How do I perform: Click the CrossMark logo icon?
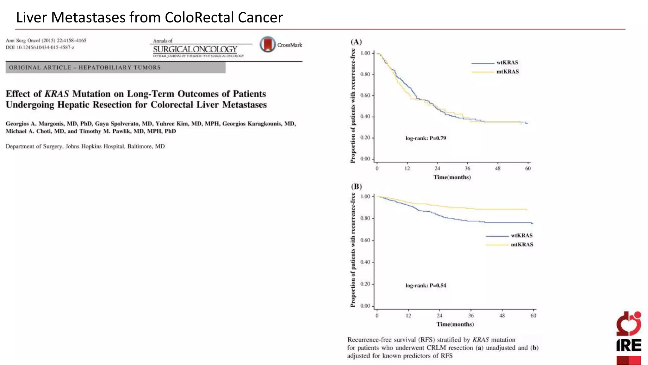coord(268,44)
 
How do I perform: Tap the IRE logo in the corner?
coord(628,337)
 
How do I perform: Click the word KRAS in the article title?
coord(57,94)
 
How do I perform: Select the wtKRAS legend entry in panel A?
coord(507,63)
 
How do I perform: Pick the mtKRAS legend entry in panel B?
coord(522,245)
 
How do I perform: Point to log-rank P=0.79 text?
coord(426,138)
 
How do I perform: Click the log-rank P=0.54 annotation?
coord(426,285)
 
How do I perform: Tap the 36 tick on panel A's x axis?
coord(467,169)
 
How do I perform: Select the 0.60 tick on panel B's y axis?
coord(365,240)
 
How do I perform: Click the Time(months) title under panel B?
coord(455,324)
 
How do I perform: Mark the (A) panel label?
coord(356,42)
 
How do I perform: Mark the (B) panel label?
coord(356,186)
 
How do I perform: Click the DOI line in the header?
coord(40,48)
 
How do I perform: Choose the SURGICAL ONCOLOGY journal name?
coord(195,49)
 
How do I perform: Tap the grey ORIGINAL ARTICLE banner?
coord(115,67)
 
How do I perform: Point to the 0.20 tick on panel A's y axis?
coord(365,138)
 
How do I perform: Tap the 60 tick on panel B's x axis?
coord(533,316)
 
